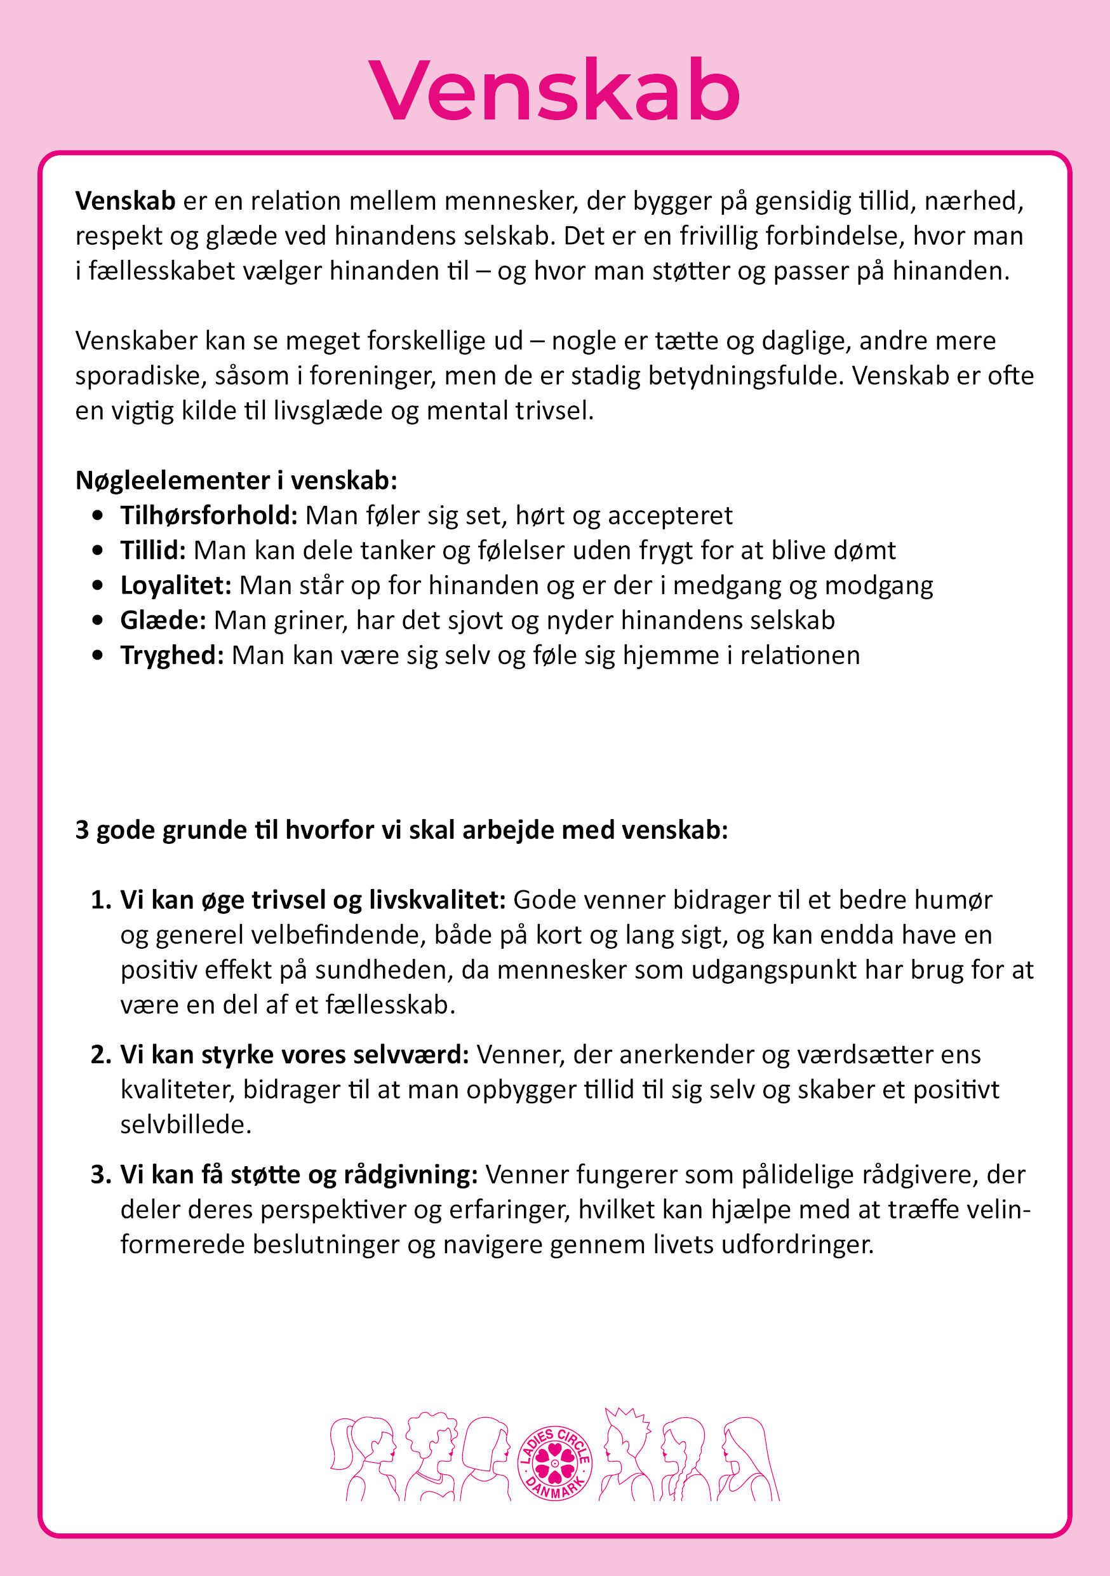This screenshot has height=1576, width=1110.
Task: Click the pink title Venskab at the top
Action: coord(554,92)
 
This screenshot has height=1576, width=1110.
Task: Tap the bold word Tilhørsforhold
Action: coord(208,515)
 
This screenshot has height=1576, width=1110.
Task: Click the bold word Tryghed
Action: coord(172,656)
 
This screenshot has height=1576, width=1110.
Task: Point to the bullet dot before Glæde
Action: coord(98,620)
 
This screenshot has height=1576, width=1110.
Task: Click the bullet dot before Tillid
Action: coord(98,550)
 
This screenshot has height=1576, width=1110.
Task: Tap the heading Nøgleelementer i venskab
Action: coord(236,480)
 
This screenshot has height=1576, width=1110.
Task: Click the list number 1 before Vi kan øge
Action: coord(100,900)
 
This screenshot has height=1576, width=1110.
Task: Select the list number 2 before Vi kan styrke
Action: coord(100,1054)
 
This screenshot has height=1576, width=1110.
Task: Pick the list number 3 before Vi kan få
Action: coord(100,1174)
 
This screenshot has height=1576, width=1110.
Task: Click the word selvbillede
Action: coord(185,1124)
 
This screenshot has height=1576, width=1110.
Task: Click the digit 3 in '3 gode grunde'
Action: coord(83,831)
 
